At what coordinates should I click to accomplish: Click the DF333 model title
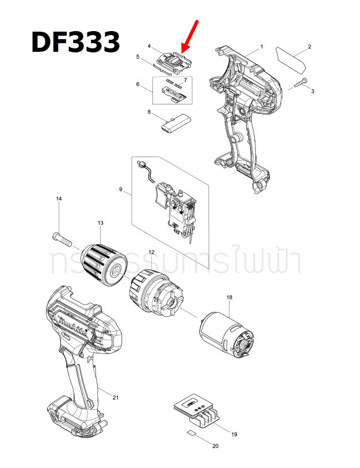click(75, 42)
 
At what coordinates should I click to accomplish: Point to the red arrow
click(190, 36)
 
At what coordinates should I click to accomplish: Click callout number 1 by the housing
click(262, 46)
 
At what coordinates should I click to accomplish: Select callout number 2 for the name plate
click(309, 46)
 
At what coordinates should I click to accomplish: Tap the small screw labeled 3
click(300, 83)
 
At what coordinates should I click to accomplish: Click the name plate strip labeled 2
click(293, 58)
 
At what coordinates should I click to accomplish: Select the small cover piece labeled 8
click(174, 123)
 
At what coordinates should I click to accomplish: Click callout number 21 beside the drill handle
click(116, 398)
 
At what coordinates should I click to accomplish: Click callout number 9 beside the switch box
click(120, 188)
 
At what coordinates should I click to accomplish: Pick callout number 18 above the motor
click(229, 297)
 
